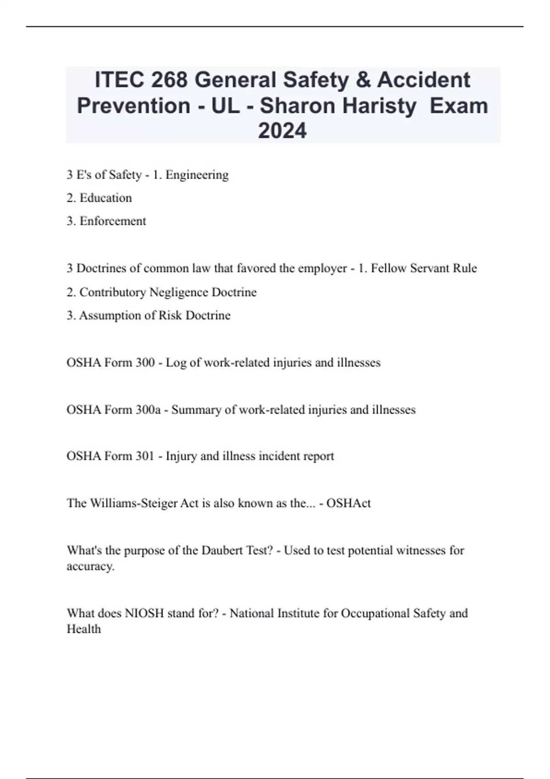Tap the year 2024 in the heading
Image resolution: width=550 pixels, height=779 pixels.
[282, 131]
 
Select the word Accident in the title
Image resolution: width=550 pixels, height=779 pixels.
[423, 80]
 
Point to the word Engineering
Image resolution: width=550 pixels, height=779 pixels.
[197, 175]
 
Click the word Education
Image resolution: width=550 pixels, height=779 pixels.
[105, 198]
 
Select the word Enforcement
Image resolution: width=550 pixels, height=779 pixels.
[113, 221]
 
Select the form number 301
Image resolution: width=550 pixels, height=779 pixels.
[145, 456]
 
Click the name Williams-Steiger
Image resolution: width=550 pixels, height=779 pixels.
[132, 503]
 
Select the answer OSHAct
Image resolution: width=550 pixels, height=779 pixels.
[348, 503]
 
